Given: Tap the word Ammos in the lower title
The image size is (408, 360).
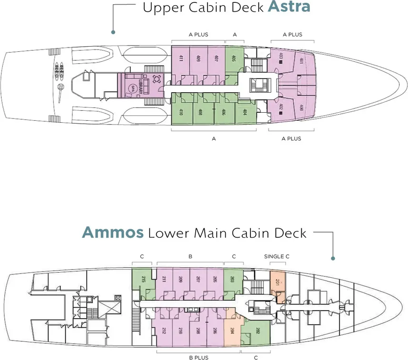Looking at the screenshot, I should click(x=113, y=233).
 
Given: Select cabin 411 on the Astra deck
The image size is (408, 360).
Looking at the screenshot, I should click(x=181, y=59).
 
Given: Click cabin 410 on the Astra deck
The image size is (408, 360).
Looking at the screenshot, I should click(x=181, y=113).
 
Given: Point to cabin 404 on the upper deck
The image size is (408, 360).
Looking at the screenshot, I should click(x=245, y=113).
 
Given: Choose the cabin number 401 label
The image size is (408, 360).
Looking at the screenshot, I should click(x=302, y=60).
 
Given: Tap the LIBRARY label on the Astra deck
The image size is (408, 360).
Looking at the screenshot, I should click(x=141, y=86).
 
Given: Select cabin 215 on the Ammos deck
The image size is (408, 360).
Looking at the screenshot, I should click(x=143, y=279).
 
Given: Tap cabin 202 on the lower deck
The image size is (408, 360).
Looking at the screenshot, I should click(x=258, y=331).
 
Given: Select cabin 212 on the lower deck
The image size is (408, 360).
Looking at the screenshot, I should click(x=164, y=331).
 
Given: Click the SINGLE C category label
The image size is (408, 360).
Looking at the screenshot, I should click(x=277, y=257).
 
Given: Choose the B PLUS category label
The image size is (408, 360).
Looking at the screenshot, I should click(x=199, y=358).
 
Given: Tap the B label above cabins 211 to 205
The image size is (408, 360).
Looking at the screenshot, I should click(x=190, y=257).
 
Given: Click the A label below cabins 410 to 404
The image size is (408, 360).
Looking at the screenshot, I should click(x=214, y=139).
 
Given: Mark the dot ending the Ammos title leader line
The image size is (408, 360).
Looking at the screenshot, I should click(x=333, y=259).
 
